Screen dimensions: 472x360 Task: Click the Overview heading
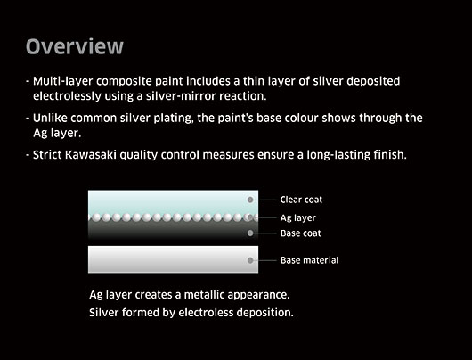pos(75,46)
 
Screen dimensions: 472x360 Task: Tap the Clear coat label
pos(301,200)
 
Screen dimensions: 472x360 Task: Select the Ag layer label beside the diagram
pos(298,217)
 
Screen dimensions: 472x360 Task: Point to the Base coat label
pos(300,233)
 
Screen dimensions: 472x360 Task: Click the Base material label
pos(309,260)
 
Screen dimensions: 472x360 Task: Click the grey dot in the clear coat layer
pos(250,200)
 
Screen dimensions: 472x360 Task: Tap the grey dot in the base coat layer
pos(250,233)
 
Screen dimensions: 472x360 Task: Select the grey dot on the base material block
pos(250,260)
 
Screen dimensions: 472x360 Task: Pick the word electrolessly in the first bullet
pos(67,96)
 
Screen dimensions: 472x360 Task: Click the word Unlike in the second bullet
pos(50,118)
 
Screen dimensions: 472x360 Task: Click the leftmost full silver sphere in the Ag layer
pos(96,217)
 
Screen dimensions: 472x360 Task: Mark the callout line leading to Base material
pos(264,260)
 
